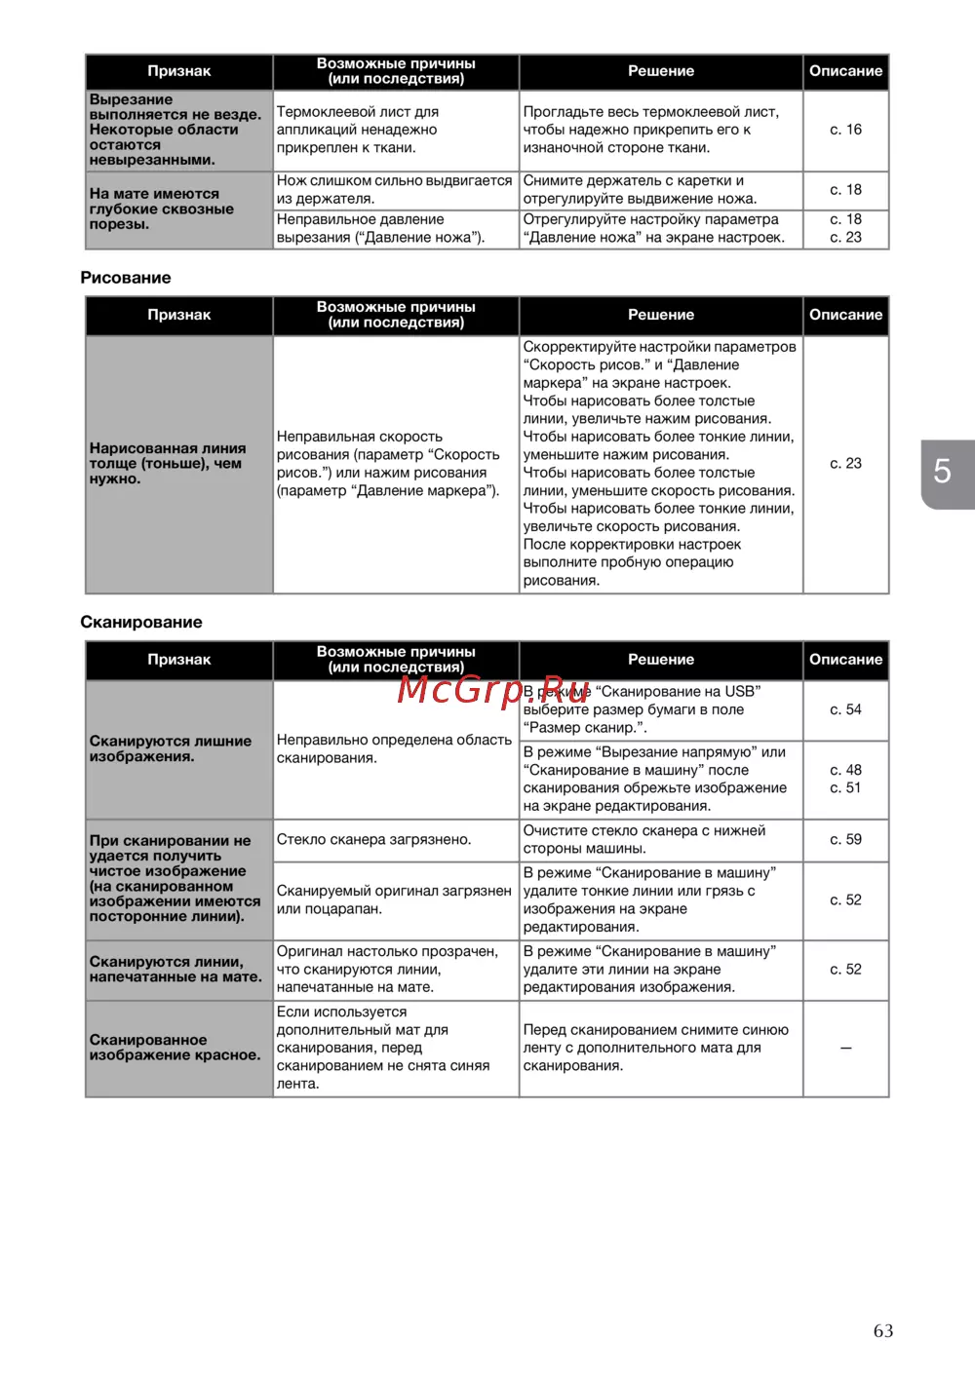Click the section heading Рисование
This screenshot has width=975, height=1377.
point(126,278)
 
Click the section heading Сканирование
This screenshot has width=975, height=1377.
point(141,622)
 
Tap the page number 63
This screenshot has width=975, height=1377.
point(883,1331)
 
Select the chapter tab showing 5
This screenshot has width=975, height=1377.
point(943,473)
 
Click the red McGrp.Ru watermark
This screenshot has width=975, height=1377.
point(493,689)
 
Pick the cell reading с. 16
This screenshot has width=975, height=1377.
point(845,130)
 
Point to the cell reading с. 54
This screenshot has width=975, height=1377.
point(845,709)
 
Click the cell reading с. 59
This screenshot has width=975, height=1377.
point(845,839)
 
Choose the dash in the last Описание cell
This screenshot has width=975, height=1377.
point(845,1048)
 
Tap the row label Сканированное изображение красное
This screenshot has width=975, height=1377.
point(175,1048)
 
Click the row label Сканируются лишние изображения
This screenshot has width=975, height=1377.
point(171,748)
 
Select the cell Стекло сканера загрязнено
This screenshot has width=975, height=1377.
point(374,839)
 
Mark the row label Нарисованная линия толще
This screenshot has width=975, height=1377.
point(168,464)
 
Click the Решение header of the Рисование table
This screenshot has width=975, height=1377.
point(661,315)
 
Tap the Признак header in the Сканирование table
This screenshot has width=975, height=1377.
point(179,660)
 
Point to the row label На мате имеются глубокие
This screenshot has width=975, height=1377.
point(162,209)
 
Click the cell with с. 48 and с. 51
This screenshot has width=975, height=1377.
point(845,779)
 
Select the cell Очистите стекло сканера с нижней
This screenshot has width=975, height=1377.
point(644,839)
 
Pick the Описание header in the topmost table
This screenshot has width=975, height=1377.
point(845,71)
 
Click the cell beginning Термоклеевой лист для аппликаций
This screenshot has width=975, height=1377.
point(358,130)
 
